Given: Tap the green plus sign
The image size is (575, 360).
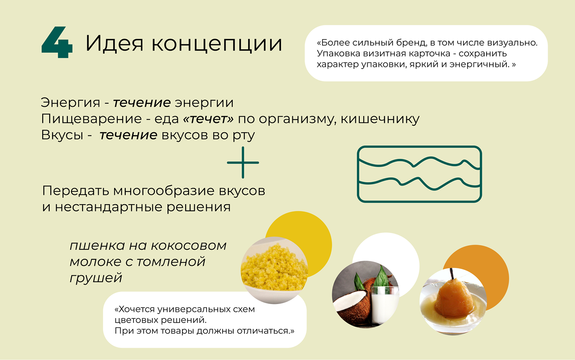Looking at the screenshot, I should [x=243, y=163].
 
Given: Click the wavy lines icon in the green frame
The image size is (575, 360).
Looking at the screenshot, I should [x=419, y=174].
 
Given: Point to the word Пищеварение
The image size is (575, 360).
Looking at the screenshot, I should [x=91, y=119].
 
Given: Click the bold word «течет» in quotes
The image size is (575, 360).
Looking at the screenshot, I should [x=208, y=119].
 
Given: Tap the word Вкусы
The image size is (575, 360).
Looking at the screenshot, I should [x=62, y=135].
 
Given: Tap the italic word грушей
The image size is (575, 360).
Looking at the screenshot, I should [x=96, y=278].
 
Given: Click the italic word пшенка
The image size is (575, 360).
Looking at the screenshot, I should [x=97, y=246].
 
